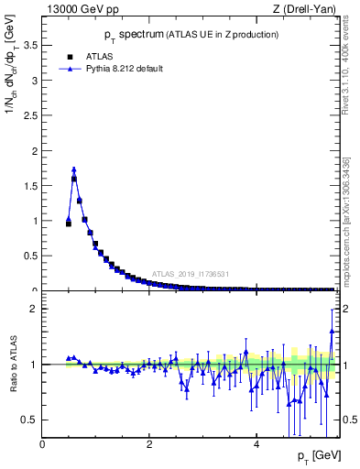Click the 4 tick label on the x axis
click(x=256, y=444)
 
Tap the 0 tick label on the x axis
click(x=43, y=444)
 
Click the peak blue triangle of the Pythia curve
click(x=74, y=169)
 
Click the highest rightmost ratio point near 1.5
click(x=332, y=309)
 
